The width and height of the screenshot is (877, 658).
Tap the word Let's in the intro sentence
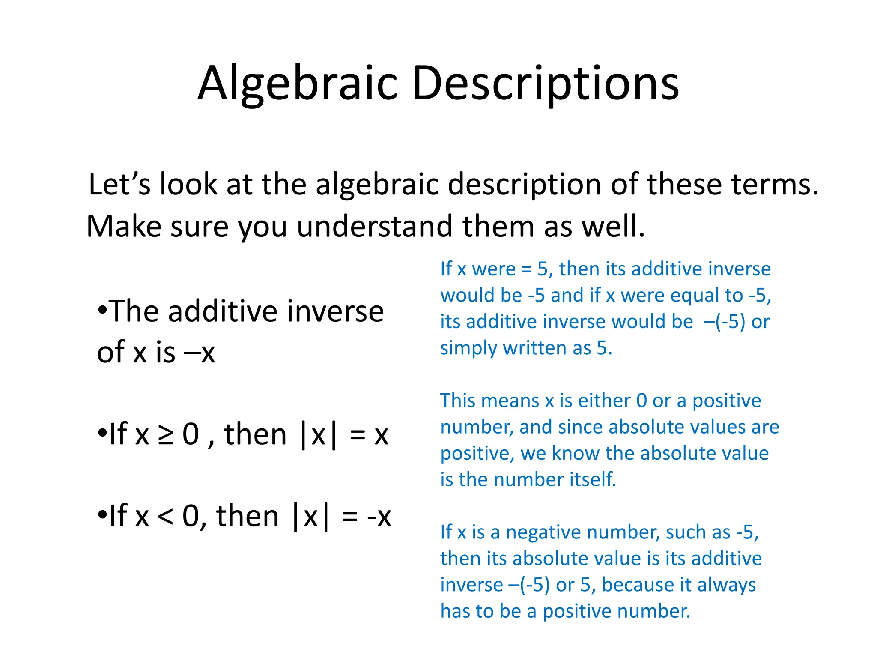119,184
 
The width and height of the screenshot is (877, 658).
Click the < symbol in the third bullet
165,517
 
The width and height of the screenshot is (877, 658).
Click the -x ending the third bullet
379,517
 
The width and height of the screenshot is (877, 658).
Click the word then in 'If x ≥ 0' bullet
255,434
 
